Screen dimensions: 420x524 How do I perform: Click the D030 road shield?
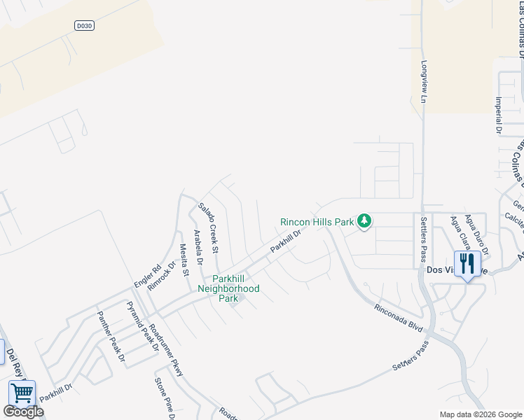point(84,25)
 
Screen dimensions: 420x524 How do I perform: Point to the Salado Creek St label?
point(209,227)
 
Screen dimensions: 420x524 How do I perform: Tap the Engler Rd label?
point(147,274)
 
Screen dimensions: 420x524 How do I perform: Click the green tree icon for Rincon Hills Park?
point(364,221)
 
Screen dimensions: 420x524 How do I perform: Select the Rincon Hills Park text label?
point(317,222)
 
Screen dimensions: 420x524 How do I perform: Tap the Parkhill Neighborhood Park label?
point(228,288)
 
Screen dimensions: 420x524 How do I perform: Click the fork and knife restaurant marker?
point(467,264)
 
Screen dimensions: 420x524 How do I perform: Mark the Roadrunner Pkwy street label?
point(167,350)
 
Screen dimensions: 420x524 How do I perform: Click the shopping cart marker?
point(22,393)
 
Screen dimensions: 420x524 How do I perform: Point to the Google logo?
point(23,412)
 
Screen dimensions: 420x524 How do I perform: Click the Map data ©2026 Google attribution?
point(480,414)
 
